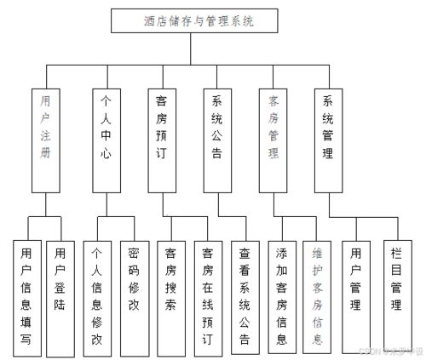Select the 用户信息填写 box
tap(26, 294)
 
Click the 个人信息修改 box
tap(96, 294)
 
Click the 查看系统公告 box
tap(245, 294)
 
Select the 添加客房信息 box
tap(282, 294)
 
